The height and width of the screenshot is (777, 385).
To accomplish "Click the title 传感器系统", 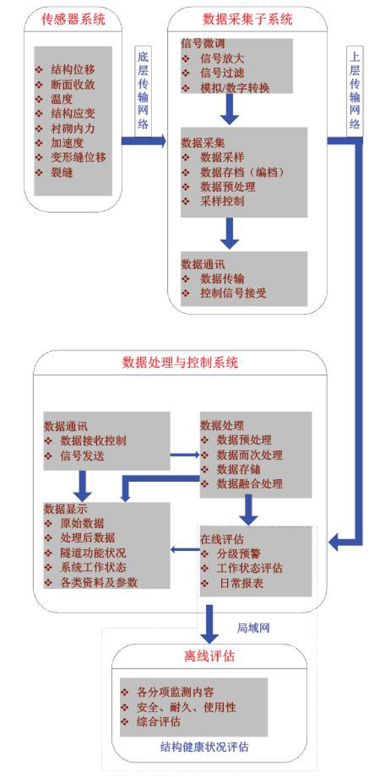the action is (73, 19).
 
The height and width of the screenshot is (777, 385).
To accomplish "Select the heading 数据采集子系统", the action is (247, 19).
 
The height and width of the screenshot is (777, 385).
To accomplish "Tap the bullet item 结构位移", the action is (73, 69).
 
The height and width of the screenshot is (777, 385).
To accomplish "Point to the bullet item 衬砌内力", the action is (73, 129).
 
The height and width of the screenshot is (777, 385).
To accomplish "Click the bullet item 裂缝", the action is (62, 172).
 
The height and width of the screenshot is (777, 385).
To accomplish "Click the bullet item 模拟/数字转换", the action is (235, 88).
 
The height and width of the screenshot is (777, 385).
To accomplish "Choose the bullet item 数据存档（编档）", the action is (242, 172).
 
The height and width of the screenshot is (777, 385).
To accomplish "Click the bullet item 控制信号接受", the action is (233, 293).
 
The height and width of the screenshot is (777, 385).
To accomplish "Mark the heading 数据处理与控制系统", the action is (180, 362).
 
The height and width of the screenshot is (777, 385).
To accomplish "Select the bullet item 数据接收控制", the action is (93, 440).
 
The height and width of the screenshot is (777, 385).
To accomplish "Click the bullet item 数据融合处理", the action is (250, 484).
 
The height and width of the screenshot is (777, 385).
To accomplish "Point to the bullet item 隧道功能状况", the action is (93, 553).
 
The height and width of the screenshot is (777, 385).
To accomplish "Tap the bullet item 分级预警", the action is (238, 553).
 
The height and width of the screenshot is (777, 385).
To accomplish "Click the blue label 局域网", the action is (253, 628).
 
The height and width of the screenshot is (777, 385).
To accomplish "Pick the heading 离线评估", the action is (209, 656).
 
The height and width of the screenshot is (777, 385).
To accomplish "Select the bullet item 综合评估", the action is (158, 722).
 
